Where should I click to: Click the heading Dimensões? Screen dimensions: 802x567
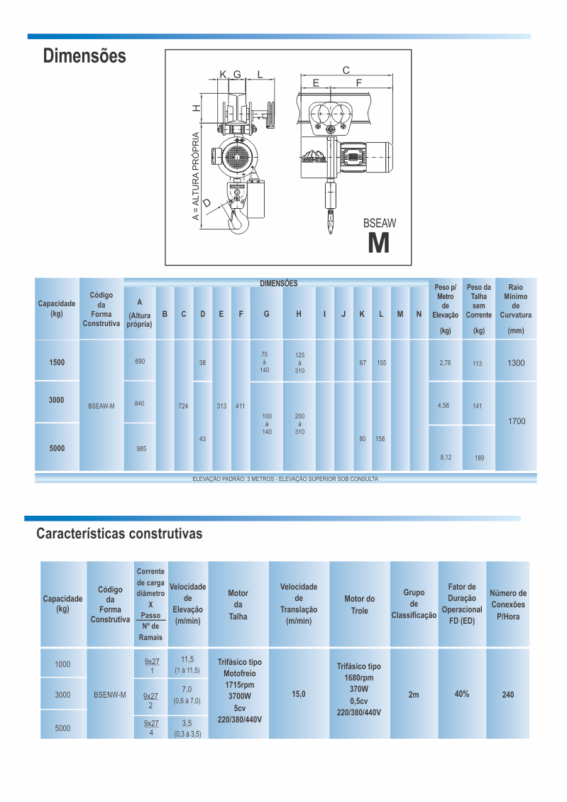point(84,56)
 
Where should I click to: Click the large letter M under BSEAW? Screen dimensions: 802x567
point(379,244)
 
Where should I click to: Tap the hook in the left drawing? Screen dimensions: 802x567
point(238,221)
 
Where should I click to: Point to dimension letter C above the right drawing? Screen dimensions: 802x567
point(346,70)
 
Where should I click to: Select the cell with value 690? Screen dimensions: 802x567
point(140,362)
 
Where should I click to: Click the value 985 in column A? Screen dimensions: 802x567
point(141,449)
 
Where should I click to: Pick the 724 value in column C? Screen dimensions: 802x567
point(183,406)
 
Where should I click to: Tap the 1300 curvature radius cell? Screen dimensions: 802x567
point(516,363)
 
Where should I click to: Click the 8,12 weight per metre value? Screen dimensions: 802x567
point(445,457)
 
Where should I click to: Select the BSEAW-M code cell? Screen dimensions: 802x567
point(101,406)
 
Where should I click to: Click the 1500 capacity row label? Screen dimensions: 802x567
point(57,362)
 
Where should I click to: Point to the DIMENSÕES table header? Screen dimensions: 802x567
point(278,283)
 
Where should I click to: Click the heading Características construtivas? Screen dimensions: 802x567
point(119,533)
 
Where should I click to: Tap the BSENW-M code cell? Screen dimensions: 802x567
point(110,694)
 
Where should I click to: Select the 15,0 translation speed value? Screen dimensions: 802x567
point(299,694)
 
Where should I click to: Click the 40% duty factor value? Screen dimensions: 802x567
point(462,693)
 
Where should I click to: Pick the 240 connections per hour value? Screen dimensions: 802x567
point(508,695)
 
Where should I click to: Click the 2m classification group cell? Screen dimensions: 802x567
point(414,694)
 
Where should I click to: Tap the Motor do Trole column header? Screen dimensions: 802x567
point(359,605)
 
